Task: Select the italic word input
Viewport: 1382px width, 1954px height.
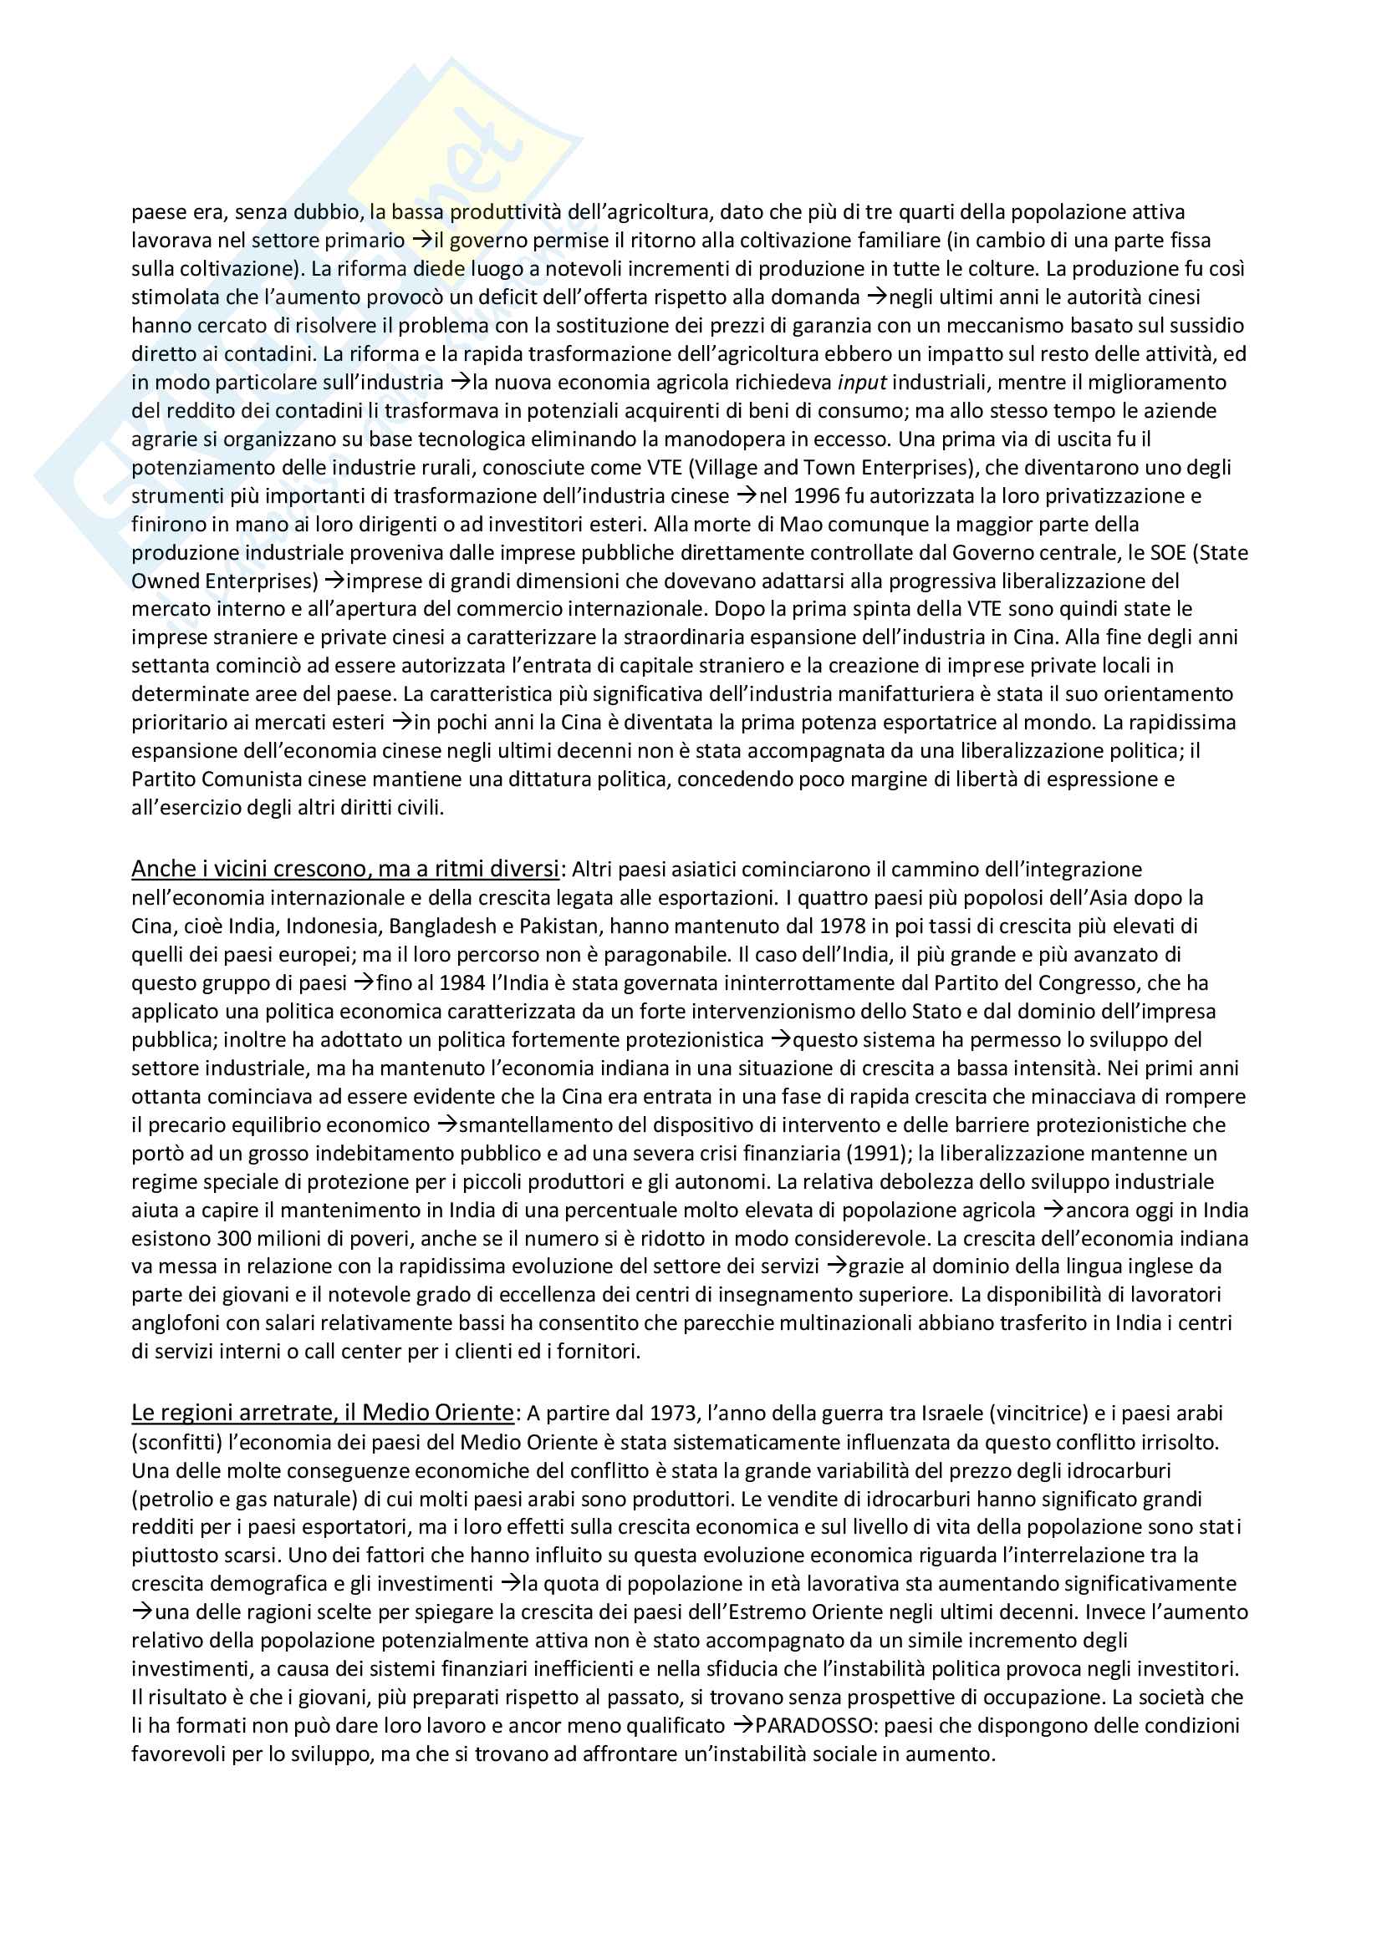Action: [x=851, y=382]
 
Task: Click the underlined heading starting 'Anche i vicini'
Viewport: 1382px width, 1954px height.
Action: [x=346, y=869]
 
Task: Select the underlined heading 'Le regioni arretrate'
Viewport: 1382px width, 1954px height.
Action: [x=323, y=1413]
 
